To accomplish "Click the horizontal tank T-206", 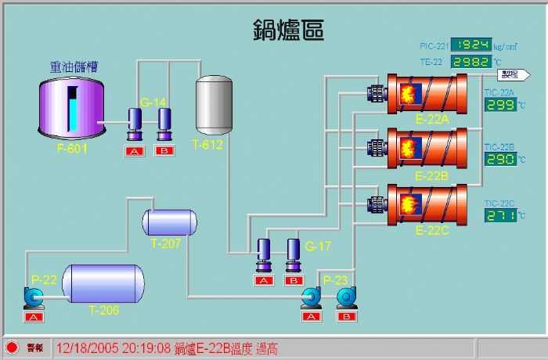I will click(103, 284).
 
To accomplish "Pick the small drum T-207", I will click(168, 223).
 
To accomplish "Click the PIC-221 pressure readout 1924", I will click(474, 45).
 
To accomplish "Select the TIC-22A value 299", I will click(500, 105).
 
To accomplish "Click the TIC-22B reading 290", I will click(500, 159).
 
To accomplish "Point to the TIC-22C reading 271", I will click(500, 215).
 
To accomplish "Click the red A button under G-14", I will click(135, 150).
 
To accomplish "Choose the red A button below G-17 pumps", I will click(264, 280).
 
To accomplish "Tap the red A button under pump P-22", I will click(33, 317).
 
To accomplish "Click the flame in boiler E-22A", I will click(408, 95).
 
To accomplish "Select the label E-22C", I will click(431, 230).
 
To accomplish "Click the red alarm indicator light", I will click(12, 347).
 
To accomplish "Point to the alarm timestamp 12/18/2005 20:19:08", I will click(113, 348).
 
